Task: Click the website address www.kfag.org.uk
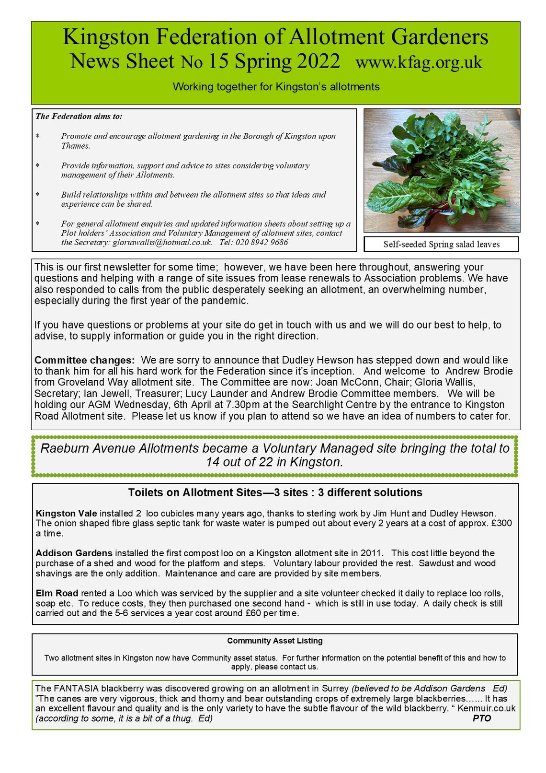(x=419, y=62)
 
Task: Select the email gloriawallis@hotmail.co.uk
(x=162, y=243)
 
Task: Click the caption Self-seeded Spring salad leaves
(x=441, y=245)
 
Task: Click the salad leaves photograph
(x=442, y=170)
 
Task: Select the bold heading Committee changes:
(x=84, y=360)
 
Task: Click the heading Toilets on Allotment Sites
(x=275, y=492)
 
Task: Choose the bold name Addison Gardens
(x=74, y=553)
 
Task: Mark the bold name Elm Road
(x=57, y=593)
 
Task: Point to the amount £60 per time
(x=274, y=613)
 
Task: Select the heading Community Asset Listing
(x=275, y=641)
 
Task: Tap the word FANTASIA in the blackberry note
(x=76, y=689)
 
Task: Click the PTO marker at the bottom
(x=481, y=718)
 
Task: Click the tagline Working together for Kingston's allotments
(x=276, y=87)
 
